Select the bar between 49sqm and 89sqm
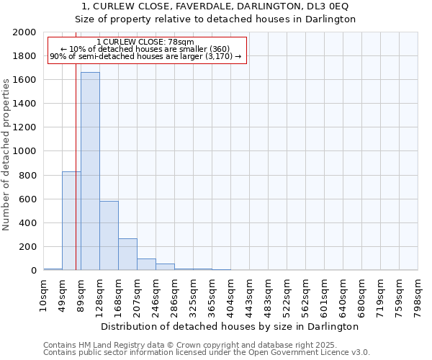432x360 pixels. point(71,220)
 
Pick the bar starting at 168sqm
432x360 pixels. point(127,254)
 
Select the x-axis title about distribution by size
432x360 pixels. point(230,326)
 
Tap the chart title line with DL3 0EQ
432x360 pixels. point(215,6)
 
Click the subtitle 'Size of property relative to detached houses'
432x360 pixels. point(215,19)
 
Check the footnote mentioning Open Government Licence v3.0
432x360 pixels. point(206,352)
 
